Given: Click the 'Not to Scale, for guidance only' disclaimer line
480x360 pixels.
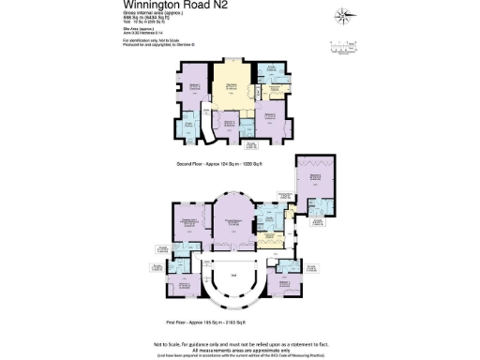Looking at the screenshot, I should coord(240,336).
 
